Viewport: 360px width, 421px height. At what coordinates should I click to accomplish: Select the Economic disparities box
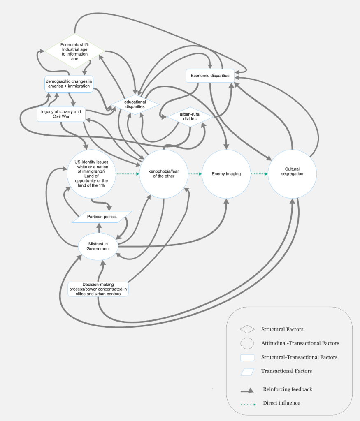pyautogui.click(x=210, y=75)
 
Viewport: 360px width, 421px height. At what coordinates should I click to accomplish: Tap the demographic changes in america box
pyautogui.click(x=69, y=83)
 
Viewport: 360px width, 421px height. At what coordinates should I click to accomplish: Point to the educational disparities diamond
pyautogui.click(x=135, y=104)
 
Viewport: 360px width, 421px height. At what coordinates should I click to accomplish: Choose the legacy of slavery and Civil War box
pyautogui.click(x=61, y=114)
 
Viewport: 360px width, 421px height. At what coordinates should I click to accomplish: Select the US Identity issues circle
pyautogui.click(x=91, y=174)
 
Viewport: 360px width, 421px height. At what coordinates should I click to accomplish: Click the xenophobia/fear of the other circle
pyautogui.click(x=163, y=174)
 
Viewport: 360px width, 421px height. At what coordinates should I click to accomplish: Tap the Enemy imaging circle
pyautogui.click(x=226, y=174)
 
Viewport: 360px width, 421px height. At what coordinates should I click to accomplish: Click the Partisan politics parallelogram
pyautogui.click(x=102, y=217)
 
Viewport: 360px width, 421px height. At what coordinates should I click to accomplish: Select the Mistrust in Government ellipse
pyautogui.click(x=98, y=246)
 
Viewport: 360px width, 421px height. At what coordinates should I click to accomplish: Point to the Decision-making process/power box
pyautogui.click(x=98, y=289)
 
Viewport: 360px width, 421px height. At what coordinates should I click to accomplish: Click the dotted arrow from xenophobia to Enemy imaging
pyautogui.click(x=195, y=174)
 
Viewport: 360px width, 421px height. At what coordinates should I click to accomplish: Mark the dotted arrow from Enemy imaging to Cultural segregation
pyautogui.click(x=259, y=174)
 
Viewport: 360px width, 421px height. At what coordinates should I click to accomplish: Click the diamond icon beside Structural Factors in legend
pyautogui.click(x=247, y=329)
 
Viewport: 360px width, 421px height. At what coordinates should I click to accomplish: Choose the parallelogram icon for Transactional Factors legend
pyautogui.click(x=247, y=372)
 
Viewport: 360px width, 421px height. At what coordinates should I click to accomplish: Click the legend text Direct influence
pyautogui.click(x=281, y=403)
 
